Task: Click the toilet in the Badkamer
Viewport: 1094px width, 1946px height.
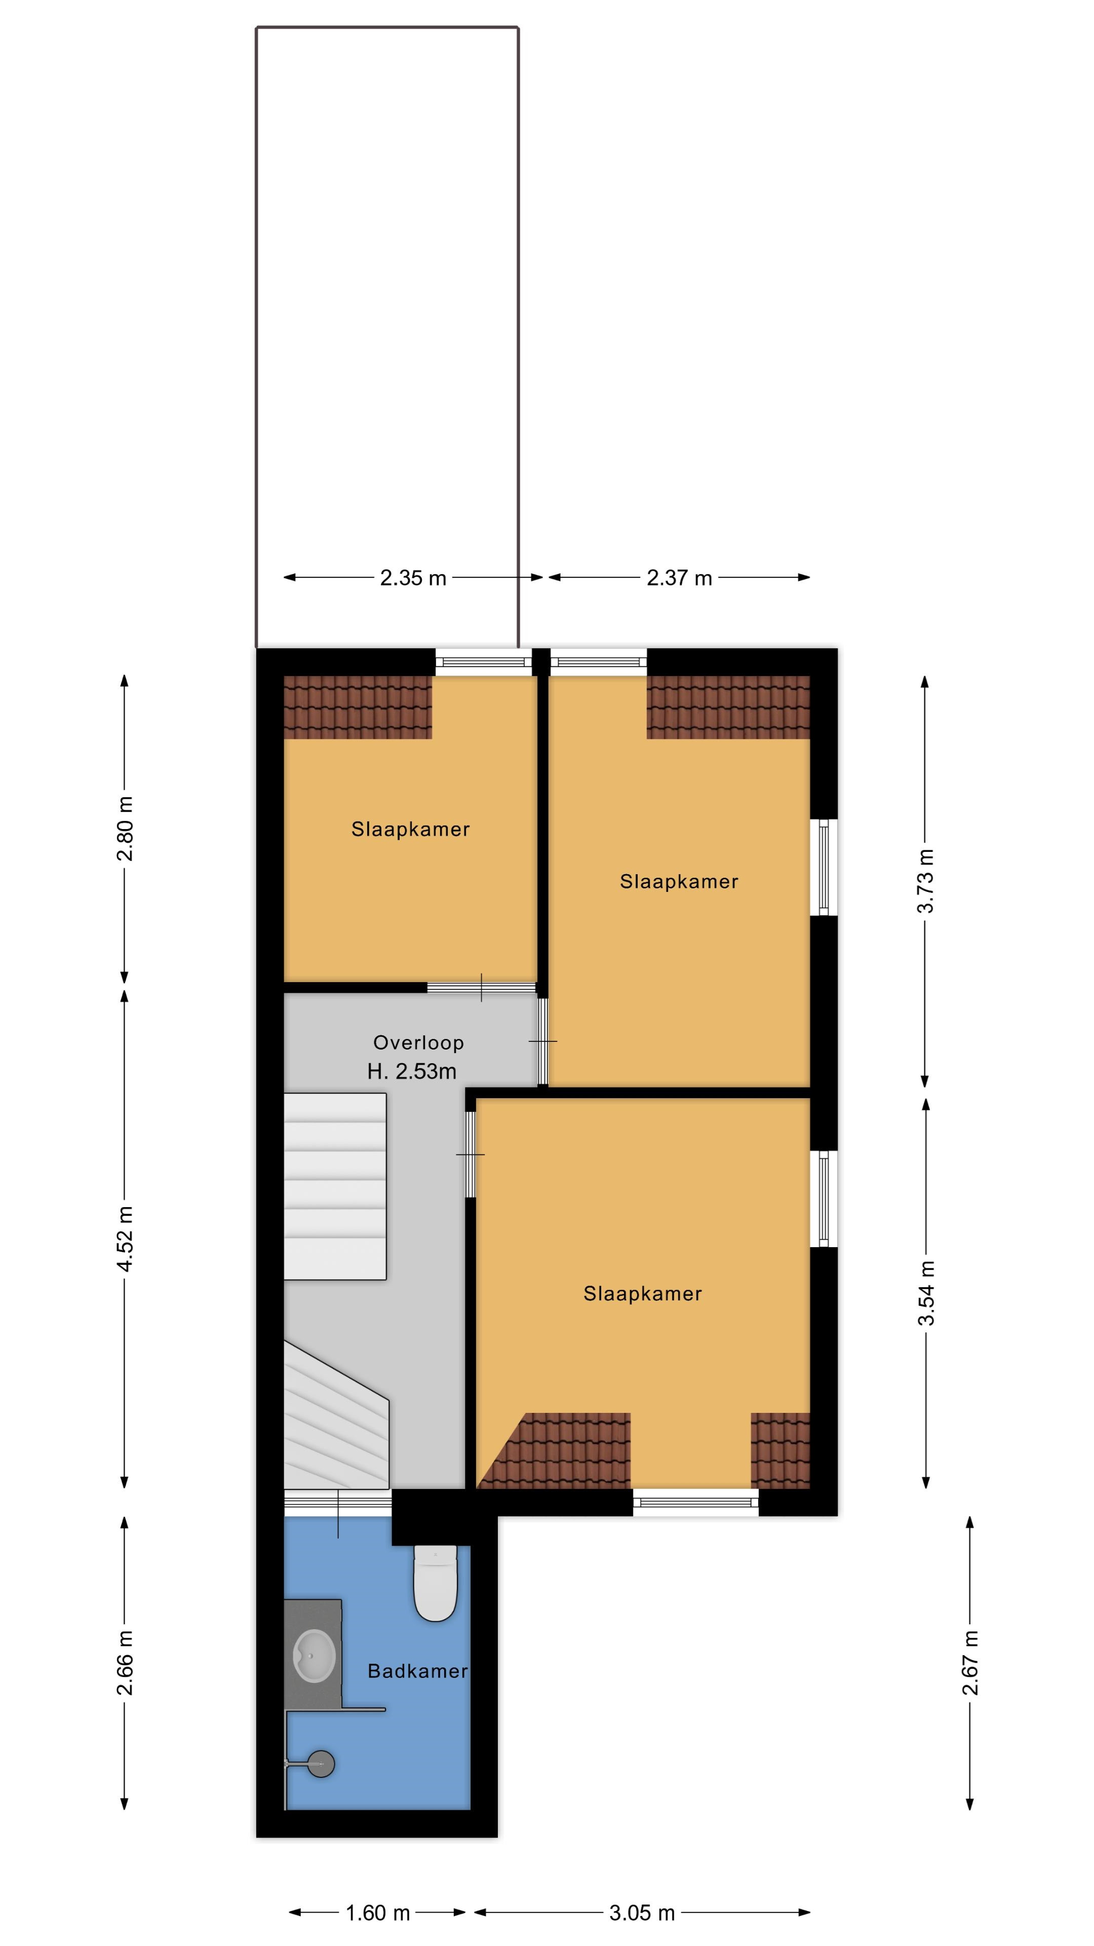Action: (436, 1583)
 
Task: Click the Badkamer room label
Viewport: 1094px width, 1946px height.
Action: (417, 1671)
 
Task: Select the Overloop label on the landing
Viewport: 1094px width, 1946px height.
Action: (418, 1042)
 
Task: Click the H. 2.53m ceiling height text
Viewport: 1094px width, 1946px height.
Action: (412, 1071)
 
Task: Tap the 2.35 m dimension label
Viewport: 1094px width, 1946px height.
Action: (413, 578)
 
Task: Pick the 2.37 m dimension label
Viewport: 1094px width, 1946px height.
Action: (680, 578)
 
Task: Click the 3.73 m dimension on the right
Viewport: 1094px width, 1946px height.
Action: (926, 881)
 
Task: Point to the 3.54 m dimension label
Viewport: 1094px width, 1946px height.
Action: (926, 1293)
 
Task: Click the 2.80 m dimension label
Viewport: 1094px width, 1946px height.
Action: (125, 829)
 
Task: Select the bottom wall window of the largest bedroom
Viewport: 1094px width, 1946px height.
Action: (695, 1503)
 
